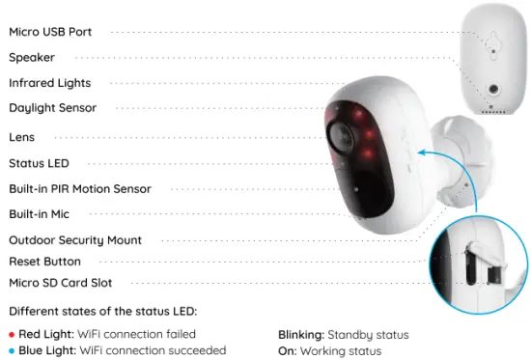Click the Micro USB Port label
50,32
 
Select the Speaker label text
32,57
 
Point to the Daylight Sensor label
52,108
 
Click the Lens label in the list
22,137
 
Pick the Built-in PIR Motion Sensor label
79,189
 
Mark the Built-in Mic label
39,213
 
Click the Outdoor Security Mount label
75,239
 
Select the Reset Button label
44,262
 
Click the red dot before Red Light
12,335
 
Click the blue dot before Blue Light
12,350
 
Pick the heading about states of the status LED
100,311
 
